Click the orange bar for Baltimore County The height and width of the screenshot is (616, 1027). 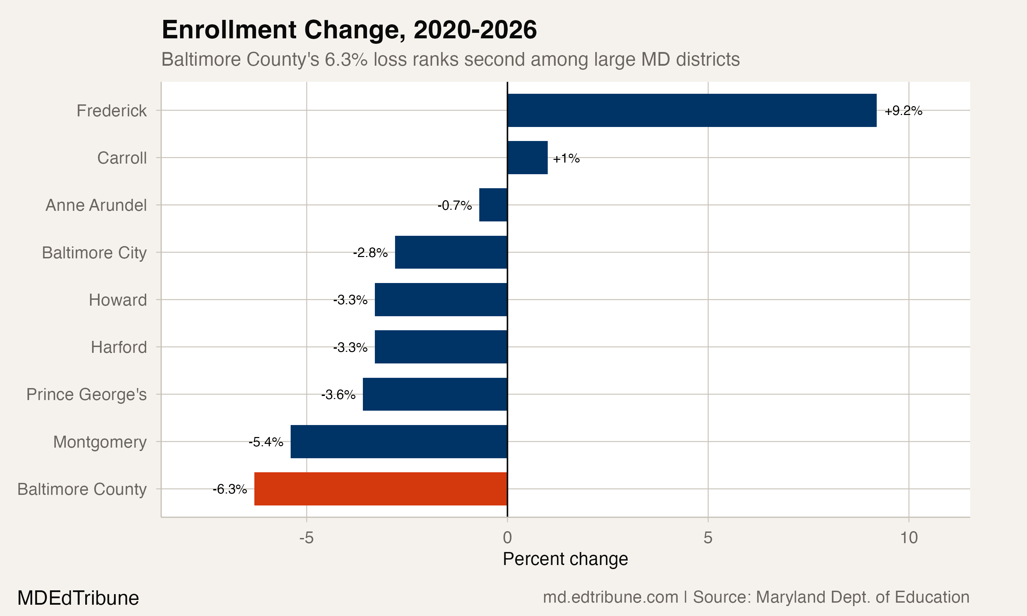click(x=381, y=489)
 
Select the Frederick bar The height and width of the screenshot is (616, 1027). click(x=692, y=111)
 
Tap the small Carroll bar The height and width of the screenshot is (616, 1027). click(x=527, y=158)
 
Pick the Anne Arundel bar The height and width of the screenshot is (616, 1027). click(x=493, y=205)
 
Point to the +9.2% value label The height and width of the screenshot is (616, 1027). click(x=903, y=111)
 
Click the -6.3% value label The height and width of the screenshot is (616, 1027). click(x=230, y=489)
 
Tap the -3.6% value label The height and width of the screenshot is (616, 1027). click(x=338, y=395)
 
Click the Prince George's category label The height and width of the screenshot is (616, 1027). click(x=86, y=394)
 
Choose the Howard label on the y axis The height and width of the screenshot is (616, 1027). click(x=117, y=300)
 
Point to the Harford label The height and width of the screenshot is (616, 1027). click(x=119, y=347)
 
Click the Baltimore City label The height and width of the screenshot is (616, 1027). click(x=94, y=252)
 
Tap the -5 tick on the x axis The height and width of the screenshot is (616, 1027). click(x=306, y=538)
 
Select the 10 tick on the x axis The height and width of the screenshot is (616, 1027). click(x=909, y=538)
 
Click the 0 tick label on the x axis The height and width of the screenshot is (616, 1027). click(x=507, y=538)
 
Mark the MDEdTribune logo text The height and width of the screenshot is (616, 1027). click(x=78, y=598)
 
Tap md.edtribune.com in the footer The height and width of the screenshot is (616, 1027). click(x=610, y=597)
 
